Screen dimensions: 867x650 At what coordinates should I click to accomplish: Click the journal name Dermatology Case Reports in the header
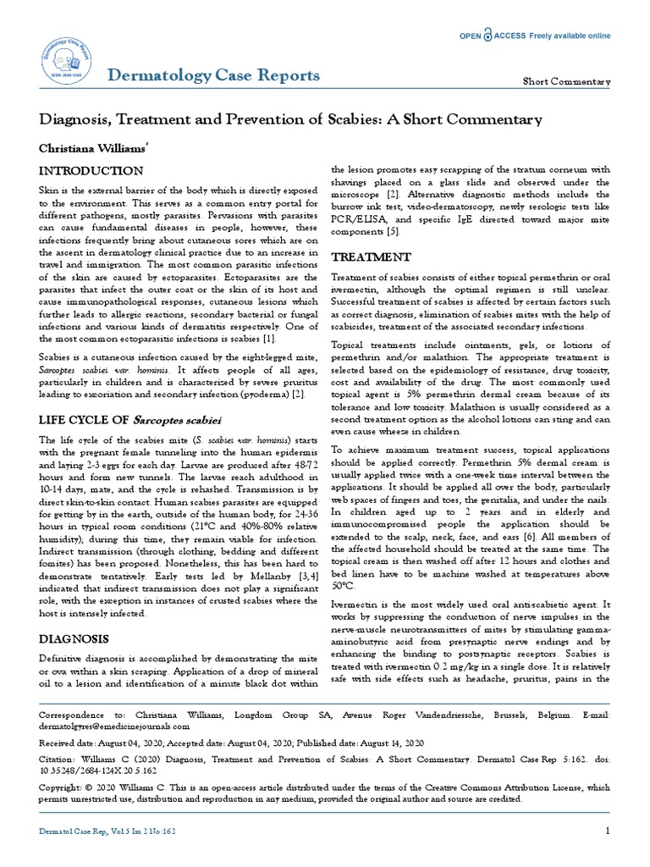pyautogui.click(x=213, y=75)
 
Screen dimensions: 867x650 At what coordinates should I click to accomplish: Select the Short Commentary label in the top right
pyautogui.click(x=566, y=81)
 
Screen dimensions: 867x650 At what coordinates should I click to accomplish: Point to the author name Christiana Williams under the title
pyautogui.click(x=94, y=147)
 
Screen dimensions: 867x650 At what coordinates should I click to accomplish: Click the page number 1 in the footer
pyautogui.click(x=608, y=831)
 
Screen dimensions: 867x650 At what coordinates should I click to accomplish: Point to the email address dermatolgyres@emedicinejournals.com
pyautogui.click(x=115, y=726)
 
